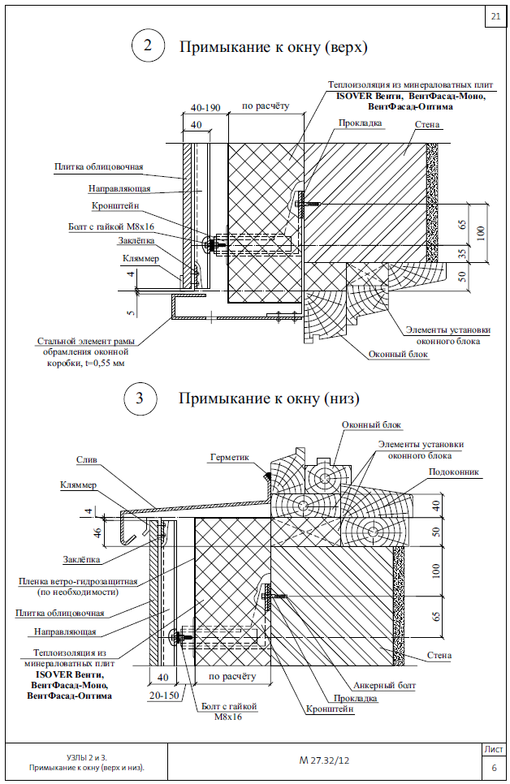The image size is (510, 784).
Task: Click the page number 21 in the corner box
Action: (x=495, y=16)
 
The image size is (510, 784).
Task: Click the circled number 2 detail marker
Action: (x=147, y=46)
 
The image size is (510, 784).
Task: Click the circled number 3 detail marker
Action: (x=140, y=398)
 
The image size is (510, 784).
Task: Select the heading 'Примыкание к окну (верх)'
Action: (x=274, y=47)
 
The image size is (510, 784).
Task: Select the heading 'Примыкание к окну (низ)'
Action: (x=269, y=398)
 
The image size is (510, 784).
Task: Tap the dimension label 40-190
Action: (x=206, y=106)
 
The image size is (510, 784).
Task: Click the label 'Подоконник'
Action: (x=453, y=471)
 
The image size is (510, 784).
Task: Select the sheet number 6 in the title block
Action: (x=494, y=767)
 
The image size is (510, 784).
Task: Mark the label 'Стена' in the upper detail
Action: (x=427, y=126)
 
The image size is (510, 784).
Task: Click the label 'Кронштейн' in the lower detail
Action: (x=330, y=709)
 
